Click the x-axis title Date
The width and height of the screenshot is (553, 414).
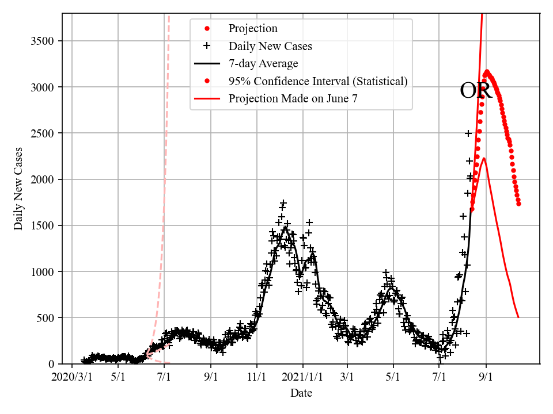coord(301,393)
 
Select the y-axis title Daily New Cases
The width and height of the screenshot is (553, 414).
coord(18,188)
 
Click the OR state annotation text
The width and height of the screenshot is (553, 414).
coord(476,91)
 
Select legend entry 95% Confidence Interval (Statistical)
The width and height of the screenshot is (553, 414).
coord(317,81)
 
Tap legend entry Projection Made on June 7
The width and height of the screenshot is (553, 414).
coord(293,99)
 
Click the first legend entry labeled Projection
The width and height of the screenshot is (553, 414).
coord(253,29)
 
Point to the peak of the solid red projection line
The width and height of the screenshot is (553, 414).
coord(484,158)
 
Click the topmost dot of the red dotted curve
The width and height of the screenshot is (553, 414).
coord(487,72)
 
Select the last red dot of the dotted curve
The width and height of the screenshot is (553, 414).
coord(518,204)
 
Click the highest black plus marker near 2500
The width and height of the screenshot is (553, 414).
coord(468,133)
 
